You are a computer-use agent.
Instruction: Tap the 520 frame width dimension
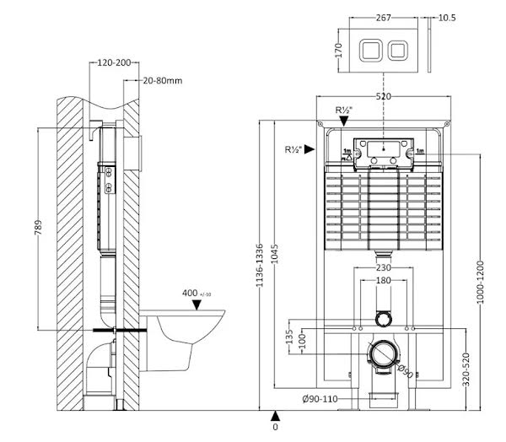coord(383,97)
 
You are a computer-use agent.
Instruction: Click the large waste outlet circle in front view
coord(385,356)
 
